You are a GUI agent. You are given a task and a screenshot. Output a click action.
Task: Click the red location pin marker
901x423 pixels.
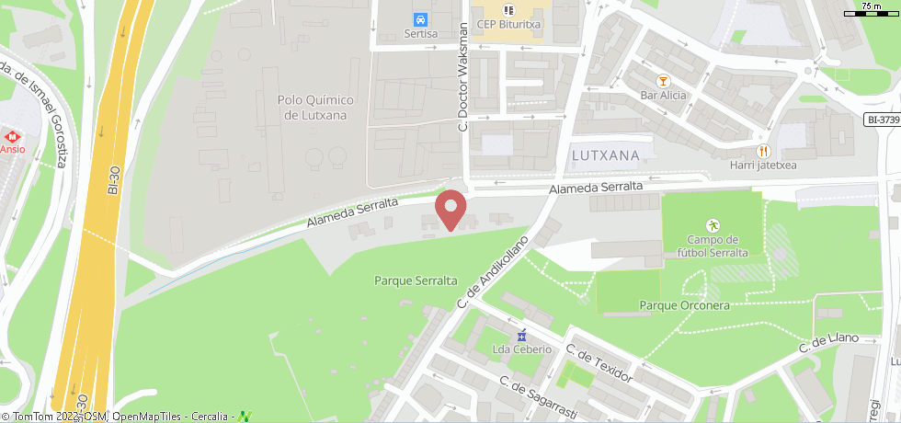click(x=450, y=208)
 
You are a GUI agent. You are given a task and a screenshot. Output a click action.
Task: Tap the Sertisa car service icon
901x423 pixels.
click(x=420, y=19)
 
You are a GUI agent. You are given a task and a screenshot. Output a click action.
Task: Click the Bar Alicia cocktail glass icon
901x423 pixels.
click(x=662, y=80)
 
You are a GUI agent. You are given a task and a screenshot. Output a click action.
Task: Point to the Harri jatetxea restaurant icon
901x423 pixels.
click(x=762, y=150)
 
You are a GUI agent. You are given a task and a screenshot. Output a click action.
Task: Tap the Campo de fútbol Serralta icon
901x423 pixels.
click(x=712, y=224)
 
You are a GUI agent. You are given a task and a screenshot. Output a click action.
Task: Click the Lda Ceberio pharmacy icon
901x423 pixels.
click(x=522, y=334)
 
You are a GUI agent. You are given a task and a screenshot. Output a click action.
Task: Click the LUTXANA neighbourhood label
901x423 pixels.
click(x=605, y=155)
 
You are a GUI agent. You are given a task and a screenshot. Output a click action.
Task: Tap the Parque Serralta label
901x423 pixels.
click(x=416, y=280)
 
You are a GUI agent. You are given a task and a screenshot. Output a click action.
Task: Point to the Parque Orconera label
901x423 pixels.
click(x=684, y=305)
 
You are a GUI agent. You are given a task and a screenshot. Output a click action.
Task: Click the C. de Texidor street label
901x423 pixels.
click(x=599, y=364)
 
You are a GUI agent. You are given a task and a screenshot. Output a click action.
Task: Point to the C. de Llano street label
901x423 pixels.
click(x=828, y=343)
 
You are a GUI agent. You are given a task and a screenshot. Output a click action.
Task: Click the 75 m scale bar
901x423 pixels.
click(x=872, y=12)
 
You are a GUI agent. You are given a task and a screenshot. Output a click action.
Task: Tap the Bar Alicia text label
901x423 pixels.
click(x=663, y=96)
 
